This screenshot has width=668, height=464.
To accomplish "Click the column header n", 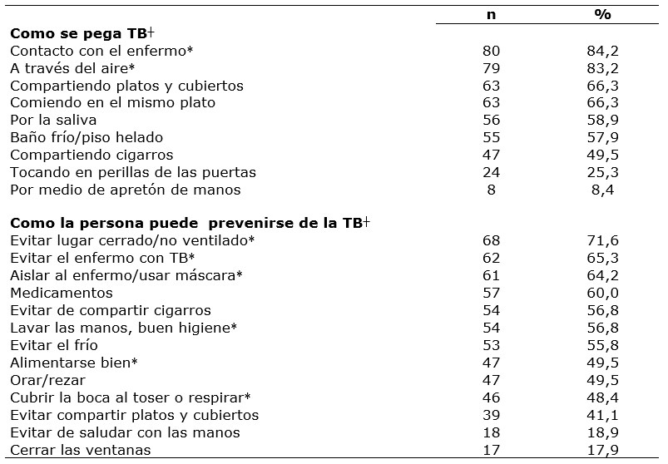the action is [492, 15].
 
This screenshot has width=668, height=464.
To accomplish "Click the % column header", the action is [603, 15].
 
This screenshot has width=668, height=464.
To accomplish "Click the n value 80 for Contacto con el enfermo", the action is [492, 51].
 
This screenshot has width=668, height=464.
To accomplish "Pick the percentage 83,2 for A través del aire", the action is [603, 68].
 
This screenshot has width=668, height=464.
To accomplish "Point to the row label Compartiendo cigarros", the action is [92, 155].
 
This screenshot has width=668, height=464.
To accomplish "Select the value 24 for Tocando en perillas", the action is [492, 172].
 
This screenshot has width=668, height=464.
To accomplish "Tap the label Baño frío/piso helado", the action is [87, 137].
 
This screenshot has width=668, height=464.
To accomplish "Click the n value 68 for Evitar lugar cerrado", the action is [492, 240].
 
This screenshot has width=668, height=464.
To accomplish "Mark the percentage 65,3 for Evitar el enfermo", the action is [603, 258].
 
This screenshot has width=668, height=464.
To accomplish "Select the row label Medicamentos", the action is [62, 293].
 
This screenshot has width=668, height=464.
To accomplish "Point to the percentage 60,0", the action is [603, 293].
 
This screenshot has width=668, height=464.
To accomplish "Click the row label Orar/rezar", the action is [47, 379].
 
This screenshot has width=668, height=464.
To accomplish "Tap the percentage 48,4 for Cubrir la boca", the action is [603, 397].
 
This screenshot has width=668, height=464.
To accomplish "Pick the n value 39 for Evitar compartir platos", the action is [492, 414].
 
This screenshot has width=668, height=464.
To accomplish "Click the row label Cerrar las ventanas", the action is [82, 450].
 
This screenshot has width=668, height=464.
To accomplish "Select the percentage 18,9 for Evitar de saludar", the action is [603, 432].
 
